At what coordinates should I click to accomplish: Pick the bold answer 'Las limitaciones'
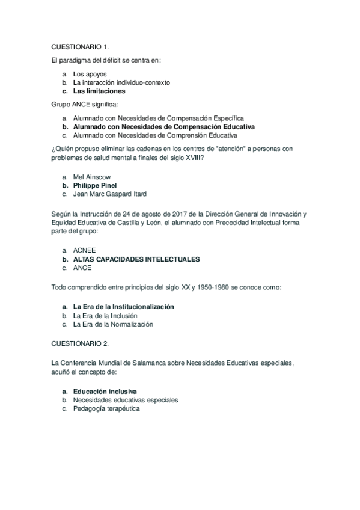99,91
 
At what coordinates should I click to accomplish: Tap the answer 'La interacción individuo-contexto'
121,82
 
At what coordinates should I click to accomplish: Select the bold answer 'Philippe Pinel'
95,186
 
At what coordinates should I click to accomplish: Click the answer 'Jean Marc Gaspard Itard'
109,194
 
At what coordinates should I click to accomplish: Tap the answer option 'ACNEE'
84,250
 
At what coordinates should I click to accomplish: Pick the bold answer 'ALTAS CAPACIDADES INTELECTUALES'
136,259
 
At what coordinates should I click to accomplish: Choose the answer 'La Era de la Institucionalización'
123,307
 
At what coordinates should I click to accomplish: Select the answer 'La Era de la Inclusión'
105,315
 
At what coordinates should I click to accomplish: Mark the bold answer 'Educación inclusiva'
105,391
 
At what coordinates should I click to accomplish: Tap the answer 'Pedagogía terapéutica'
106,408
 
